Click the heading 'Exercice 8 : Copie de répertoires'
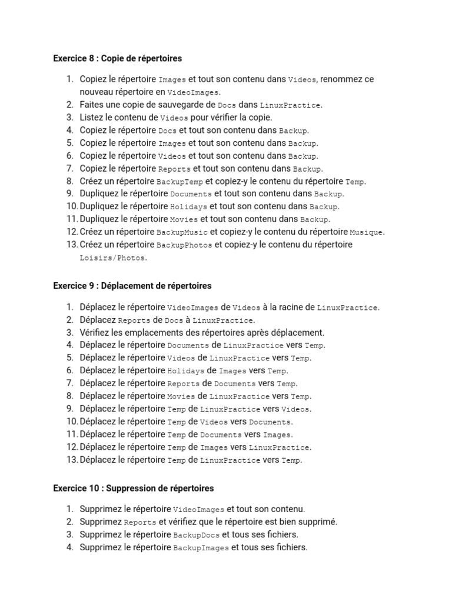coord(117,58)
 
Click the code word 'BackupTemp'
coord(180,182)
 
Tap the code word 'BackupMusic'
coord(182,232)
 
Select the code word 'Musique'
coord(367,232)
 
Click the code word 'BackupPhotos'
coord(184,245)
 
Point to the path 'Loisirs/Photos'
coord(113,258)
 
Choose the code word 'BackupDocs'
coord(196,535)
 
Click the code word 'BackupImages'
coord(201,548)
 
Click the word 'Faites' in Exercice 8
coord(92,105)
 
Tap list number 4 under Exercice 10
coord(70,547)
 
